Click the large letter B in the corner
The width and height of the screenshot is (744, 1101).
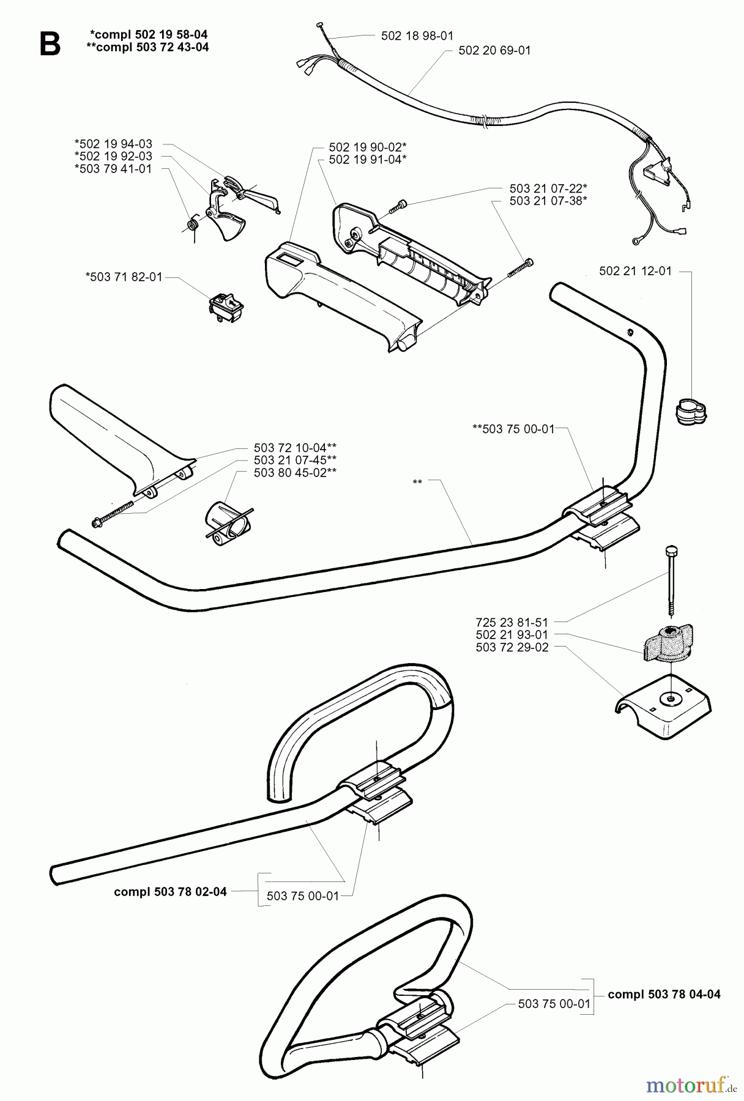(50, 44)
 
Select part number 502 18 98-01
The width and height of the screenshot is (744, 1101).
(417, 36)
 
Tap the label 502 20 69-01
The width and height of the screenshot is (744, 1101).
(494, 51)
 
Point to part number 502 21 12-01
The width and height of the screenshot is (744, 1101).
(635, 271)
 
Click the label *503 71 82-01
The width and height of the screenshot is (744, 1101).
(124, 277)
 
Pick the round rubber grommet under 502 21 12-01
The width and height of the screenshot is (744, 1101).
(691, 412)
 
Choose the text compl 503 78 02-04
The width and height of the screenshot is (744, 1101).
(170, 892)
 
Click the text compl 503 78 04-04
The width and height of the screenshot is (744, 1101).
(664, 994)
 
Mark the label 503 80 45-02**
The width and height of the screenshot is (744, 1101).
(295, 472)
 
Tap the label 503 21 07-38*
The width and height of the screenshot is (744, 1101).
(548, 201)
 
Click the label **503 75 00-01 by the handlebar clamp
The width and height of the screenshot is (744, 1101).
(513, 429)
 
